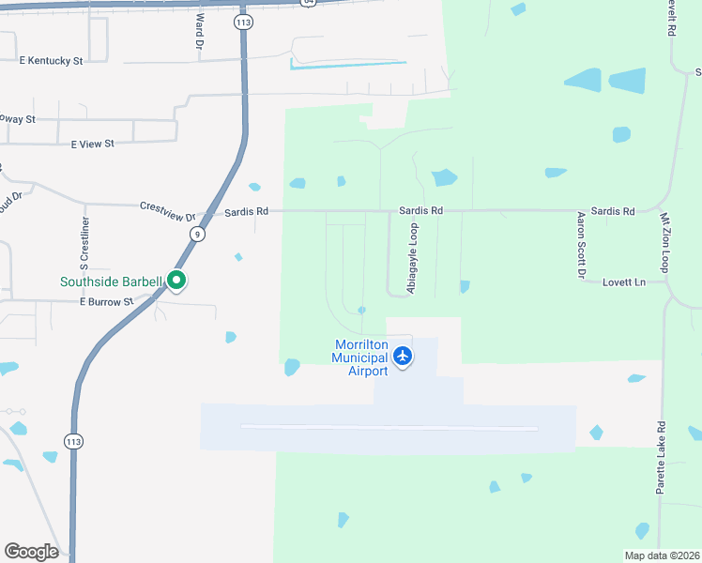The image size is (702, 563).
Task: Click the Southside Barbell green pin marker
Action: (175, 280)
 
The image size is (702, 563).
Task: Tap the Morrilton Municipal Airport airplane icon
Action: (403, 356)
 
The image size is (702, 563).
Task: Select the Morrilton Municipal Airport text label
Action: (361, 358)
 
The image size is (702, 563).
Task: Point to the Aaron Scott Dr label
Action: (581, 245)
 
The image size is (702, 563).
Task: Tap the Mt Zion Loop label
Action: (665, 243)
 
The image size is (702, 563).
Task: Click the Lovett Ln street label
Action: (624, 281)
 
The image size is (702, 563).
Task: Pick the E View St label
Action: (92, 144)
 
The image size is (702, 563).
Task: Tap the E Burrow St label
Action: (106, 302)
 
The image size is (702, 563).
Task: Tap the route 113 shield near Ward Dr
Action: (244, 22)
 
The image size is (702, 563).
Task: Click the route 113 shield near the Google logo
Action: (73, 440)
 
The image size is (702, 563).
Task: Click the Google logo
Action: (31, 552)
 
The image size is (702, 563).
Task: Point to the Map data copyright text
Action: (662, 555)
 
